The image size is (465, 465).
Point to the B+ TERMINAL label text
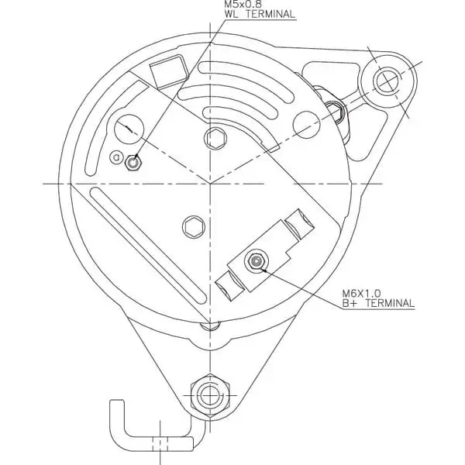coord(378,304)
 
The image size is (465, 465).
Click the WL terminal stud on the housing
coord(136,162)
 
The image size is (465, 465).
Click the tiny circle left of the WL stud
coord(117,158)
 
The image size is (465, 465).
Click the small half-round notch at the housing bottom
coord(208,325)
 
